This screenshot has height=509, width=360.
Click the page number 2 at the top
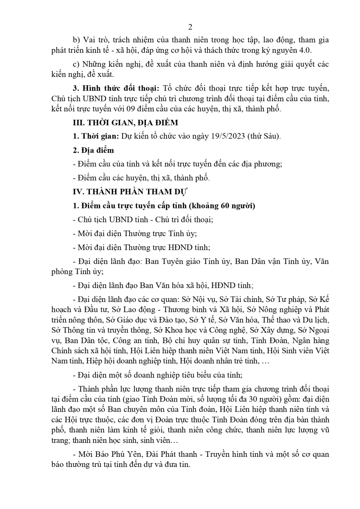[x=190, y=27]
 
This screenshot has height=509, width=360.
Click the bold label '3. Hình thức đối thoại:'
[x=116, y=88]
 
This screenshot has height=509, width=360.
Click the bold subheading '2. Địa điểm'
[x=94, y=150]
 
